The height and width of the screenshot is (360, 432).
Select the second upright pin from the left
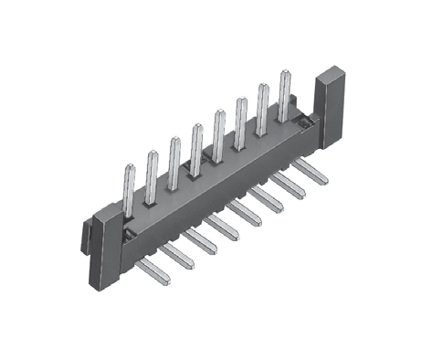pos(152,175)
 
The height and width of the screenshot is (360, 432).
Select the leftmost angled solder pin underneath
pos(155,269)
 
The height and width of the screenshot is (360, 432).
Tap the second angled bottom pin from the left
pos(178,255)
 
